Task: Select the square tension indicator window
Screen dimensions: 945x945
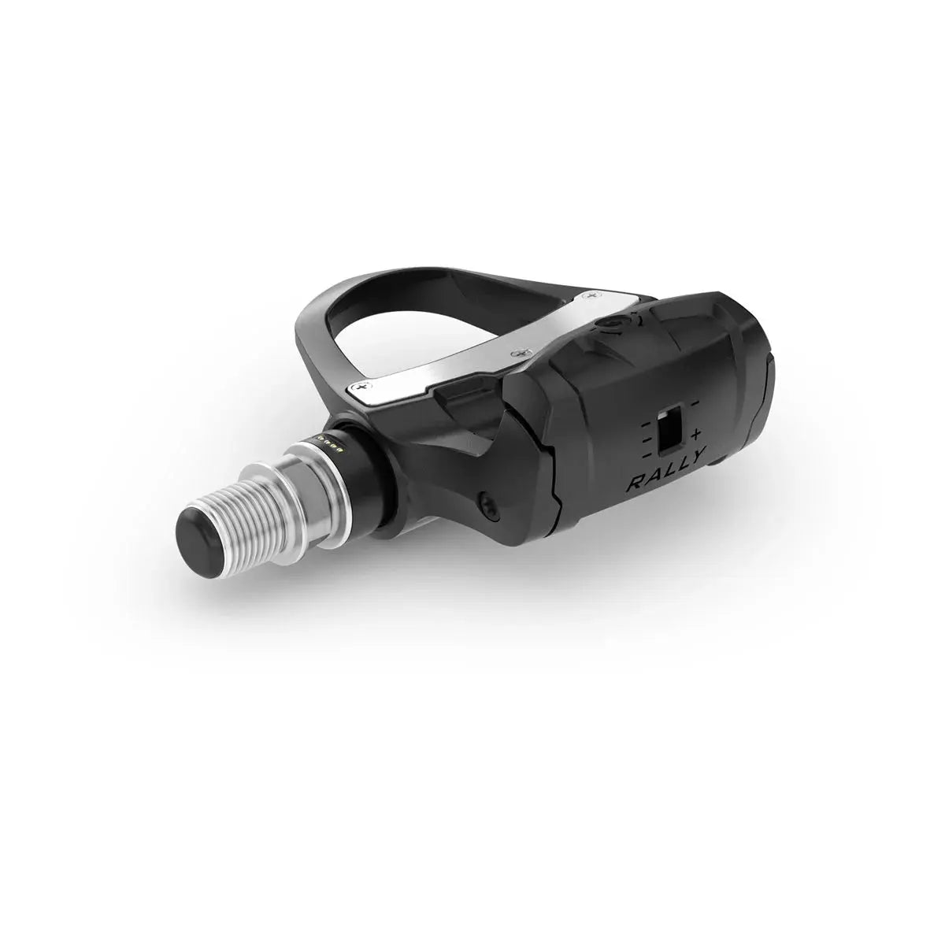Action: [x=669, y=432]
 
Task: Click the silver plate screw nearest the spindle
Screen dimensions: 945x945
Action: [x=361, y=387]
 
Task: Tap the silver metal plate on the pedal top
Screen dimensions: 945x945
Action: [x=472, y=346]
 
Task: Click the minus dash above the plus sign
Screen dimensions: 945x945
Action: [x=694, y=403]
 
